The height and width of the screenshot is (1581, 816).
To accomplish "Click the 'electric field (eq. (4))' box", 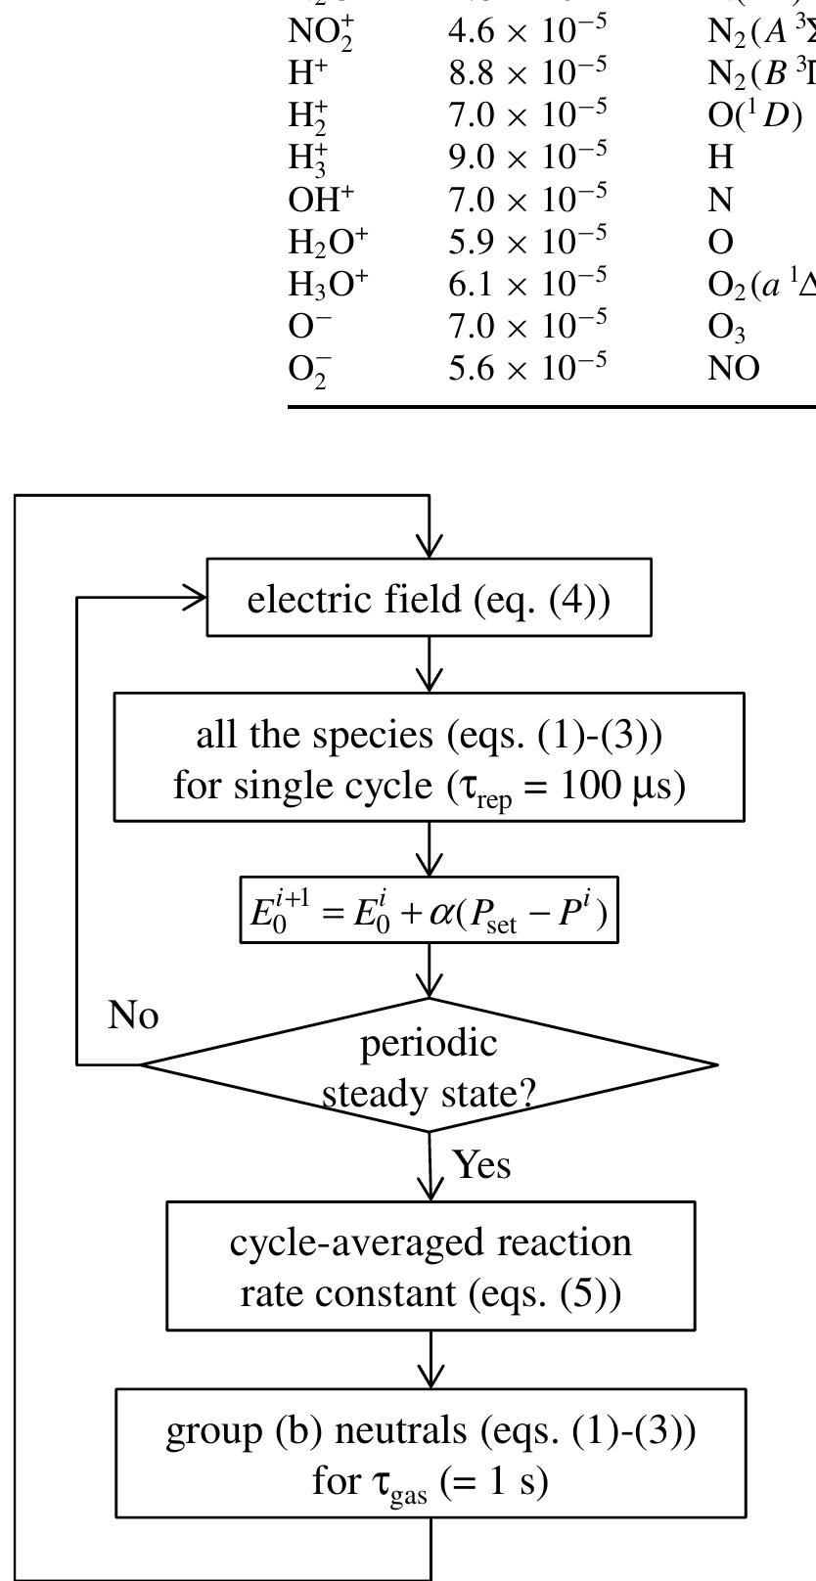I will point(429,598).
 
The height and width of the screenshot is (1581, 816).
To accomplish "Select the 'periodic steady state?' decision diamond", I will point(429,1065).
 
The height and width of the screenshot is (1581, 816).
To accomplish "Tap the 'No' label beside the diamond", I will point(133,1016).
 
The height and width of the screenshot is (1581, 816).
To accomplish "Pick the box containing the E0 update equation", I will point(429,911).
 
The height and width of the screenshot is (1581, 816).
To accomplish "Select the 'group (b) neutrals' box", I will point(431,1453).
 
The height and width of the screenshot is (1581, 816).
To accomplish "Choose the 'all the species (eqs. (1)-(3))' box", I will point(429,757).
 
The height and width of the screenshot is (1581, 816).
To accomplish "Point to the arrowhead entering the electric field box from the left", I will point(196,598).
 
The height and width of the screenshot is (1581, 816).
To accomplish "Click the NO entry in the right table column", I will point(733,368).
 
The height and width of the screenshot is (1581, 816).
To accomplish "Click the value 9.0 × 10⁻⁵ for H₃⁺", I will point(527,155).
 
